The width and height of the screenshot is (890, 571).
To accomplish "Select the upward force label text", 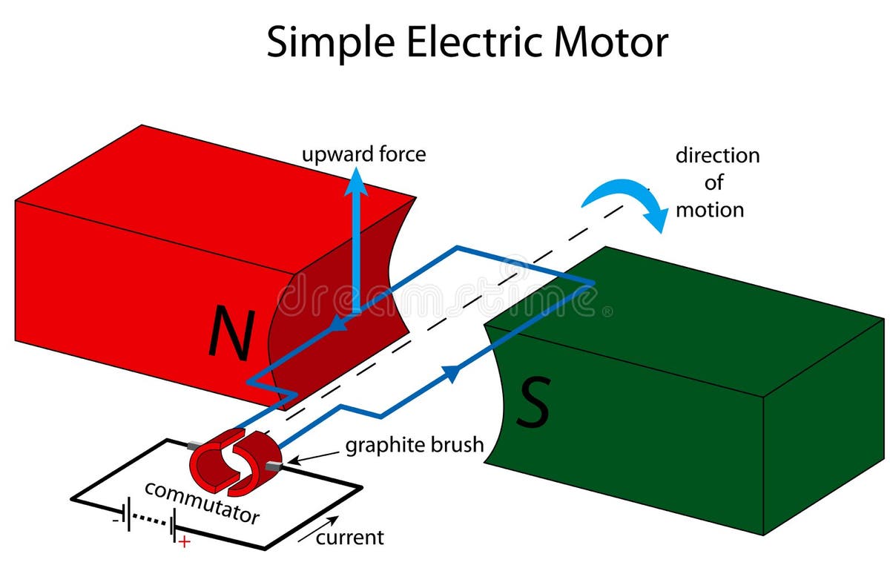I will (x=363, y=154).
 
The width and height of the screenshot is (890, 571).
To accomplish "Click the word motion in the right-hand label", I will (x=709, y=209).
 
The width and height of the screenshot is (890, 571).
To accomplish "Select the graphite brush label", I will (x=414, y=446).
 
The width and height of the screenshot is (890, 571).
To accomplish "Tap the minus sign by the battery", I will (x=115, y=520).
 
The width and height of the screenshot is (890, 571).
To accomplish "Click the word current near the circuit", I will (x=350, y=537).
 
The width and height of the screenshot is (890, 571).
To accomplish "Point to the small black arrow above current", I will (x=320, y=529).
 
